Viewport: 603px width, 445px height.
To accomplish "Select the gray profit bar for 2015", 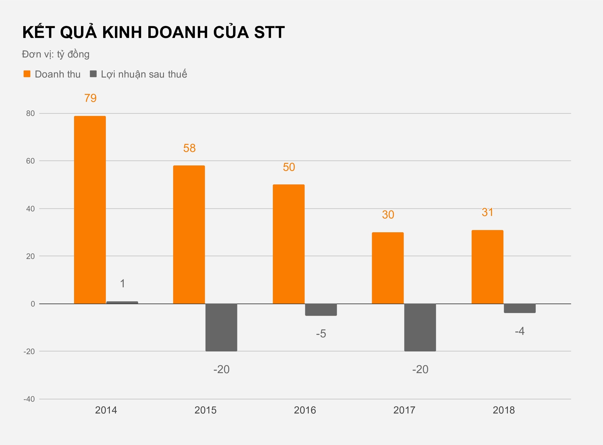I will tap(221, 327).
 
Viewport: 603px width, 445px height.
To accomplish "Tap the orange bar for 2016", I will tap(288, 244).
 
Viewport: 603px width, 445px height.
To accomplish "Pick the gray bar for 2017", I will tap(420, 327).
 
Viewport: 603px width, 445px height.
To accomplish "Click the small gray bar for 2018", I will tap(520, 308).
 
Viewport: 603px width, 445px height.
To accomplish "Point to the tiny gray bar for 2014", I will tap(122, 303).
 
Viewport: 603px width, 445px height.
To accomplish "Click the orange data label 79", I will tap(90, 98).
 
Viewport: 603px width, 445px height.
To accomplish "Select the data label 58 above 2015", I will tap(189, 148).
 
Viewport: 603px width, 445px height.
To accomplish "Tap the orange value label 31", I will tap(487, 212).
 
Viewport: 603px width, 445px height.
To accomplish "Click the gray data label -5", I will tap(321, 334).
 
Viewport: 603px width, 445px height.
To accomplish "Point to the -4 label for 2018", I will tap(520, 331).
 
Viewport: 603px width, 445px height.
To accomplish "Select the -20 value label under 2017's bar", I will tap(420, 369).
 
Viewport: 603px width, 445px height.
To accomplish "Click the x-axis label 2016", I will tap(305, 410).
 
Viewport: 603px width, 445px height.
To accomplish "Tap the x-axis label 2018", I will tap(504, 410).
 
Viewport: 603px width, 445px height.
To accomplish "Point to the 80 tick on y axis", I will tap(30, 113).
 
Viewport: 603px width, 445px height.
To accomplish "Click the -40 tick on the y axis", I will tap(29, 399).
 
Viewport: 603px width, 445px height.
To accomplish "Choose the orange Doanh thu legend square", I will tap(27, 74).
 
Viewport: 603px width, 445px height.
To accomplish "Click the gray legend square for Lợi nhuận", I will tap(93, 74).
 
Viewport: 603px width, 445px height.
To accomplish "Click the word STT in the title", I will tap(269, 32).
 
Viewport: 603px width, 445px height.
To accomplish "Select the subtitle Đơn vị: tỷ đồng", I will tap(56, 54).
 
